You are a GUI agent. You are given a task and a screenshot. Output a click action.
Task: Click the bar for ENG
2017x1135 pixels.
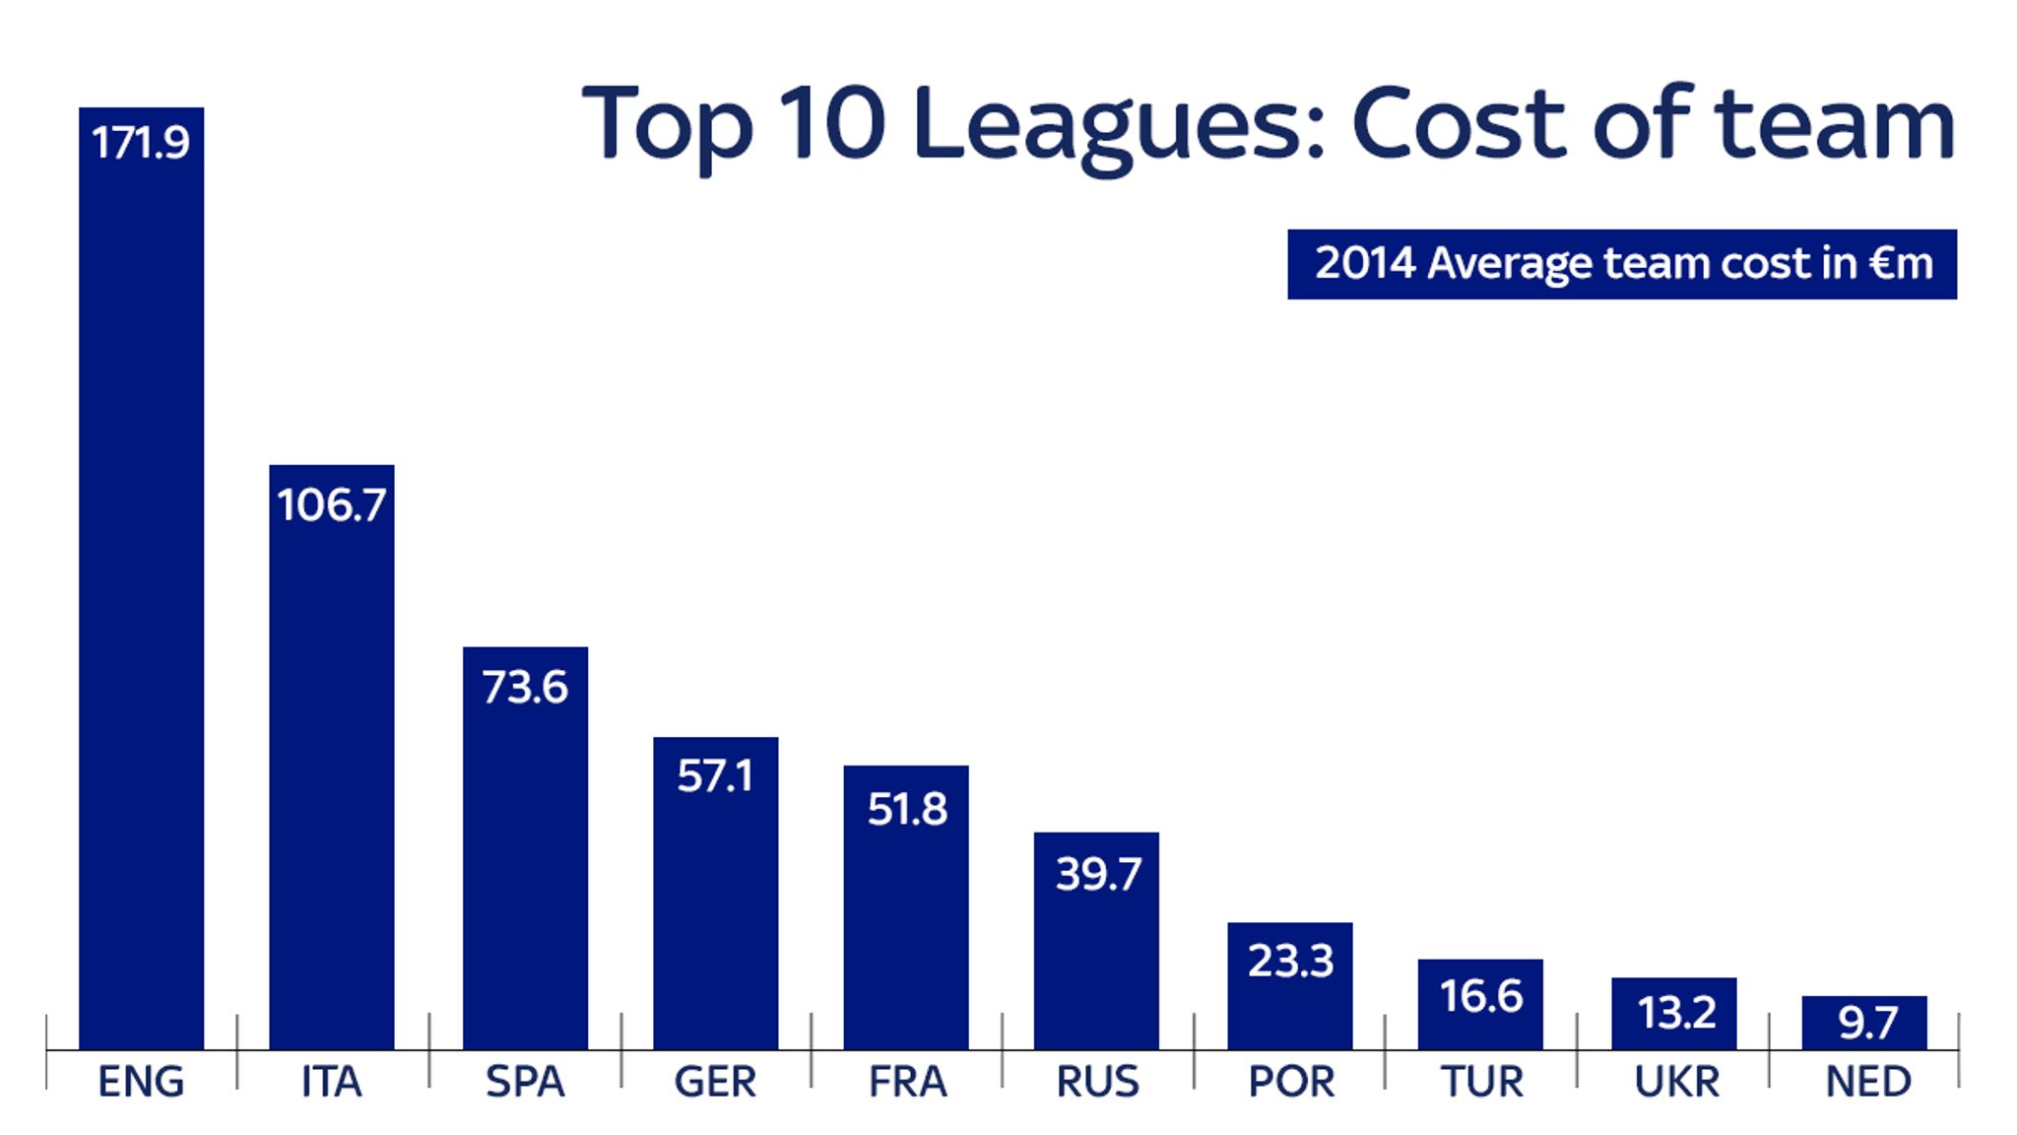coord(141,591)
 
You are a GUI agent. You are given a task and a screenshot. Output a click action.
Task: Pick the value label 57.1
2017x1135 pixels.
coord(715,776)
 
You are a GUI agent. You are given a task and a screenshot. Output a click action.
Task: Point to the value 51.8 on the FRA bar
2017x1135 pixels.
coord(906,809)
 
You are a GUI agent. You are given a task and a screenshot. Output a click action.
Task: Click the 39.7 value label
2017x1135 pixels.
coord(1097,874)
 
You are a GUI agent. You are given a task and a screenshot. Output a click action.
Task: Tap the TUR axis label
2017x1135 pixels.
coord(1481,1082)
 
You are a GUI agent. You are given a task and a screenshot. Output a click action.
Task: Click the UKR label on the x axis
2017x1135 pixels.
coord(1675,1082)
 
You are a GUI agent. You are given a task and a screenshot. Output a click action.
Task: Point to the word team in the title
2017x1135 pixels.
coord(1834,126)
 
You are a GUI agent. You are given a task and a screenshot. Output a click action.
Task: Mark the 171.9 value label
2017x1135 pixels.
coord(140,143)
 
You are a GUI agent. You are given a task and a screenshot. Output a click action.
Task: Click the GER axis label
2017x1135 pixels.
coord(715,1082)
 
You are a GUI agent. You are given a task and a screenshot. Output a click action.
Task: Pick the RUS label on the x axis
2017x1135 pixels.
coord(1097,1082)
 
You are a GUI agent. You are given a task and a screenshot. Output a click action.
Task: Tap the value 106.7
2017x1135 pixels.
coord(331,505)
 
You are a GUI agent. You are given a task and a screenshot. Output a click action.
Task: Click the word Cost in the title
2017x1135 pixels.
coord(1458,126)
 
